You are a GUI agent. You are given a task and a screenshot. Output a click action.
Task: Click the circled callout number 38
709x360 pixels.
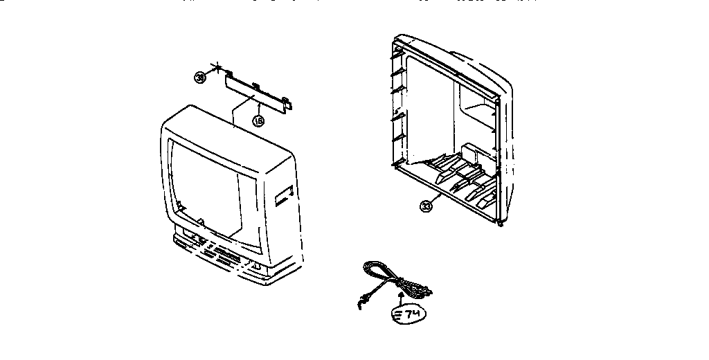click(x=200, y=78)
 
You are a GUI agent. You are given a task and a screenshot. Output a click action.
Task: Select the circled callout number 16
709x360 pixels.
click(x=258, y=120)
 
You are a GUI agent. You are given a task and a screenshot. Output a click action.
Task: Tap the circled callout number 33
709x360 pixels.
click(x=426, y=206)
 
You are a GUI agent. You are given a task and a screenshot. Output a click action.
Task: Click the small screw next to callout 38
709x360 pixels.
click(x=217, y=69)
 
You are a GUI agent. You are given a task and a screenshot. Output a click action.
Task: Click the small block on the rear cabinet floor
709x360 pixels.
click(x=472, y=151)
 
